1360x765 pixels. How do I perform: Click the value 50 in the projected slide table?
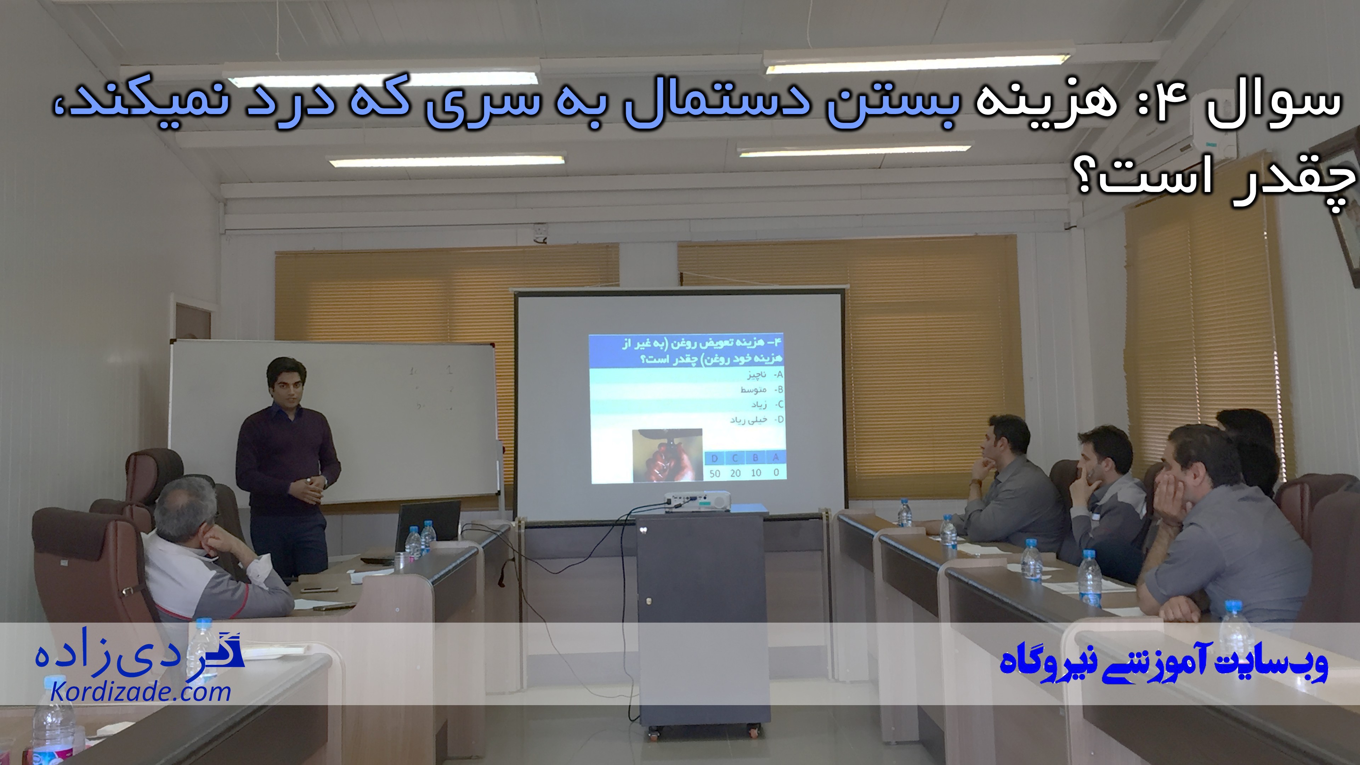pos(715,473)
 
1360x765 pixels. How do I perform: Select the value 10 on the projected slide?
pos(755,473)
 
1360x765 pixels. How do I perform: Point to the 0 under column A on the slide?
pos(776,472)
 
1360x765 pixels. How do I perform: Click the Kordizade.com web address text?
pos(141,692)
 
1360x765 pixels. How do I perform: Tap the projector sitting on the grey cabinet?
pos(697,500)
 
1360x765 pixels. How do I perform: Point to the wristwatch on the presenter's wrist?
pos(308,481)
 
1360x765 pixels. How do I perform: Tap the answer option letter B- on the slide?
pos(778,390)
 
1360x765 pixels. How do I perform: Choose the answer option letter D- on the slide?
pos(778,420)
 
